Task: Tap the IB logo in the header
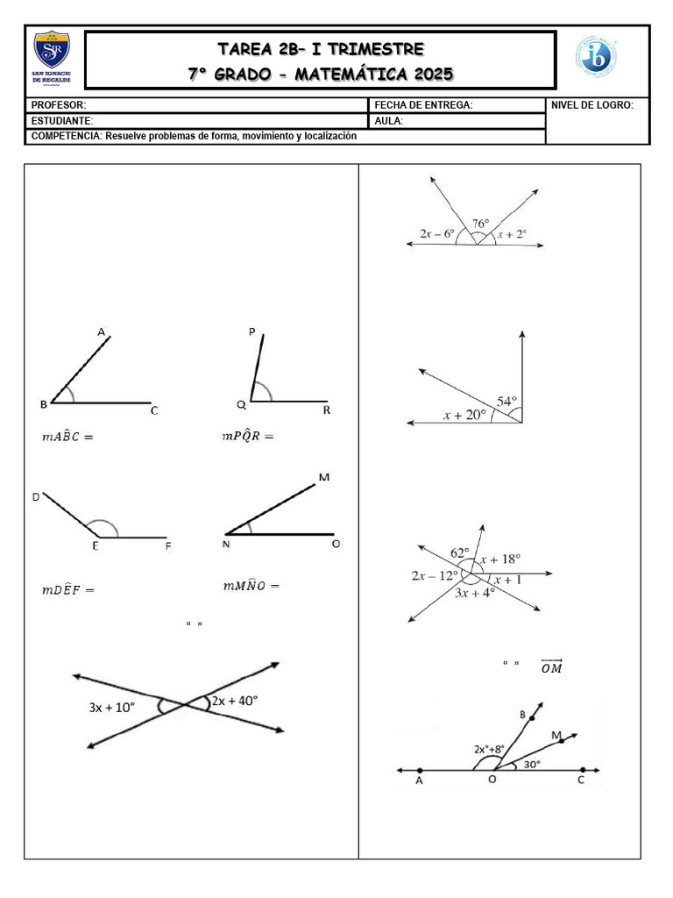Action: coord(595,55)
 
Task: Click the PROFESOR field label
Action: coord(59,105)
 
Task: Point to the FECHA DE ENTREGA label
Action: coord(423,105)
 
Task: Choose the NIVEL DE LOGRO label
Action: coord(592,105)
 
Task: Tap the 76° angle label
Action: coord(480,224)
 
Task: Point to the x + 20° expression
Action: coord(464,416)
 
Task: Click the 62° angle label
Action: coord(460,552)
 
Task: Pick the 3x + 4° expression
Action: coord(475,592)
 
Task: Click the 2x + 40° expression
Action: coord(235,701)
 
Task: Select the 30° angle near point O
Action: coord(532,764)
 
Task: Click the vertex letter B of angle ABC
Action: coord(44,404)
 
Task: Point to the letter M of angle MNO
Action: coord(324,478)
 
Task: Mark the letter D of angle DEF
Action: coord(36,497)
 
